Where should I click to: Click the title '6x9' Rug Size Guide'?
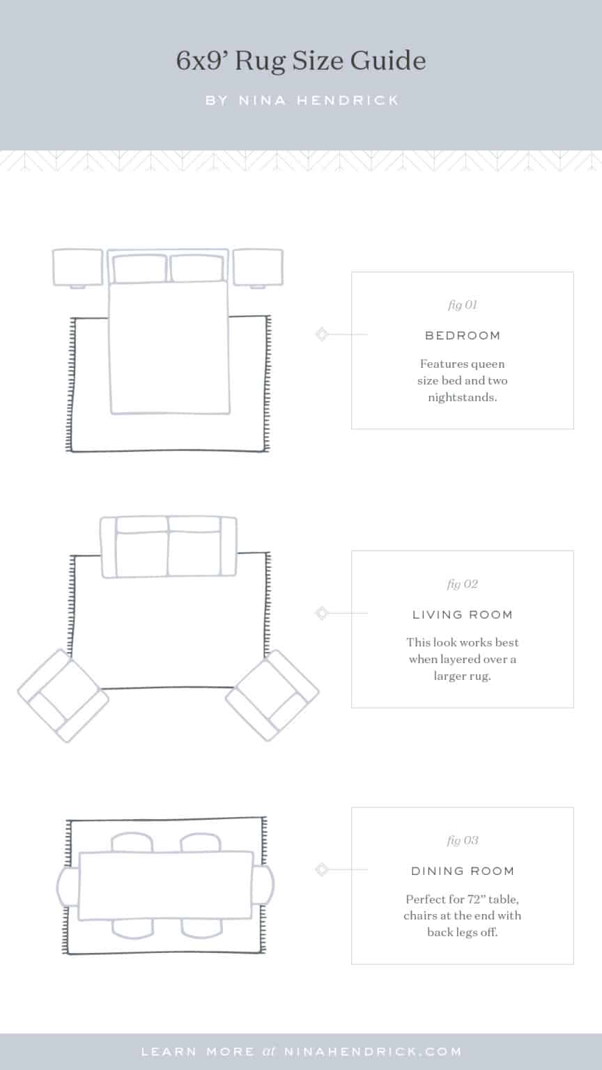(301, 61)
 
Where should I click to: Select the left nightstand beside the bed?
(77, 267)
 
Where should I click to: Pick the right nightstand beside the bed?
(258, 267)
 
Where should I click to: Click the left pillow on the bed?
(139, 269)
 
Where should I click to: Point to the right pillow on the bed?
(197, 269)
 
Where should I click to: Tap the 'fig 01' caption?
(462, 305)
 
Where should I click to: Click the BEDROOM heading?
(463, 336)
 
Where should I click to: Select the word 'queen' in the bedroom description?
(485, 364)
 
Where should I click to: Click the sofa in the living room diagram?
(169, 548)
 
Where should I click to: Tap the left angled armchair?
(63, 695)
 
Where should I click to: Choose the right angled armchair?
(272, 695)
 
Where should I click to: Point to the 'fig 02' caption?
(462, 584)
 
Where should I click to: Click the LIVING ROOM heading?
(463, 615)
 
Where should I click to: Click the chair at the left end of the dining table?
(68, 885)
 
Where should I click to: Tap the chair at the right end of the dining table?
(263, 885)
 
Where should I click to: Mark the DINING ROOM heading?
(463, 871)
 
